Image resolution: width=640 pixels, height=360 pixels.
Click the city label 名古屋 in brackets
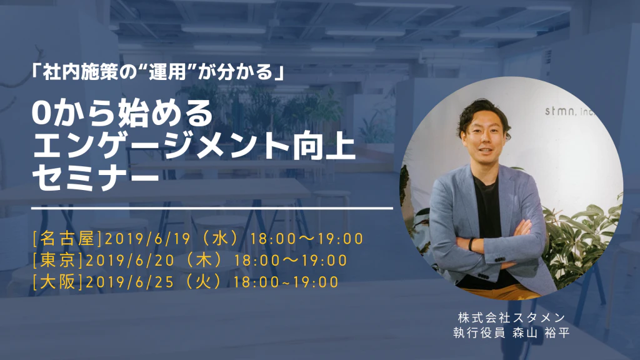point(67,239)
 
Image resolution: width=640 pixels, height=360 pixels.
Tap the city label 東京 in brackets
point(57,261)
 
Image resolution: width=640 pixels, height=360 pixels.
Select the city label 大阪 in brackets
point(57,282)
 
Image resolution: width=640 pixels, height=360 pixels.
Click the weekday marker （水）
point(219,239)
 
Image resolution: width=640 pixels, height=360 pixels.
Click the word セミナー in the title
point(95,179)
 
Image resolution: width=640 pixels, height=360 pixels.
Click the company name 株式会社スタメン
point(511,317)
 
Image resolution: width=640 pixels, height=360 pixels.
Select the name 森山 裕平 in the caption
point(541,333)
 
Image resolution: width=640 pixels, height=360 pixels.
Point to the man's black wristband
point(471,244)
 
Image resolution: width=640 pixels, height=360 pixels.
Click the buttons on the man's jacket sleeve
point(500,259)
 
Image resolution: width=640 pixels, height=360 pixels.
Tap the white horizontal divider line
point(212,208)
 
